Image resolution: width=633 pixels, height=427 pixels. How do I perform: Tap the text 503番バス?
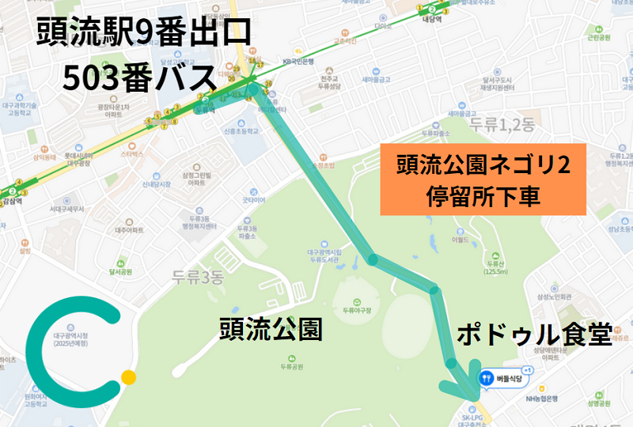pos(140,77)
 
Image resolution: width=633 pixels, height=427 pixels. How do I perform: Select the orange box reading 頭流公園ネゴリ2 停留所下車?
pos(483,179)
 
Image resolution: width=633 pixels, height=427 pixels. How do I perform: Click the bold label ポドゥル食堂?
pos(535,335)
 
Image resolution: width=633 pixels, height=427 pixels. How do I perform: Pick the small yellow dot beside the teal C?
pos(129,377)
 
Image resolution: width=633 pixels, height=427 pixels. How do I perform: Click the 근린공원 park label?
pos(599,37)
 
